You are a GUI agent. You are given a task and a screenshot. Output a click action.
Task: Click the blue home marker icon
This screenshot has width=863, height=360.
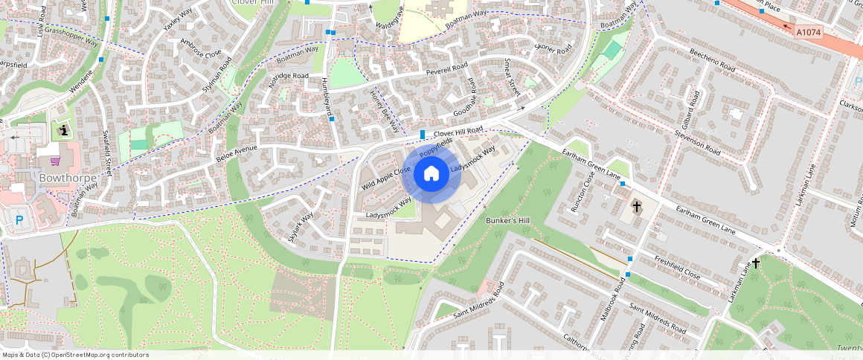point(431,174)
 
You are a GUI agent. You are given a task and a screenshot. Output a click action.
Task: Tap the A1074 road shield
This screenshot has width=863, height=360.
point(808,32)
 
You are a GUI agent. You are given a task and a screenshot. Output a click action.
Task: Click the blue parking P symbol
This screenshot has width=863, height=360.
point(19,219)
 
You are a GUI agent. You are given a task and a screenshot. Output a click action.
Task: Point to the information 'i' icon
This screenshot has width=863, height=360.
point(63,131)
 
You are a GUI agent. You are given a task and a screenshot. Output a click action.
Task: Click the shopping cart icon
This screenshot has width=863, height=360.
point(54,161)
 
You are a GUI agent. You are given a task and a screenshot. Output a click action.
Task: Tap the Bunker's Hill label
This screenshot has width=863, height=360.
point(507,222)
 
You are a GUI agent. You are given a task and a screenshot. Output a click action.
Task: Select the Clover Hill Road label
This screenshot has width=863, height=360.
point(458,132)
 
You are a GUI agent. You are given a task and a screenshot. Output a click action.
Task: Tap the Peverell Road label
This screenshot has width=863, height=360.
point(446,69)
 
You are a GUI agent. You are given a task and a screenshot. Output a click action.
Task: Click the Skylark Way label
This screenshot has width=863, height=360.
point(301,227)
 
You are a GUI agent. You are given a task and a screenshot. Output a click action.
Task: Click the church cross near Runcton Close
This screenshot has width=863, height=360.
point(636,206)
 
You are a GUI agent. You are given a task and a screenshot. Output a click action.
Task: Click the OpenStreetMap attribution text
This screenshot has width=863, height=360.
point(74,355)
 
